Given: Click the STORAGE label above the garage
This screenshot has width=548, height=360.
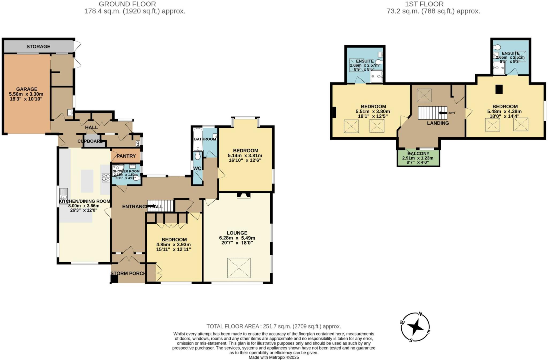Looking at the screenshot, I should point(38,47).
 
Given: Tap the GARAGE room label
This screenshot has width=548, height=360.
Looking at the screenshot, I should point(26,89).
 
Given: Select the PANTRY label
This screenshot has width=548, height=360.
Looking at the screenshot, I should point(126,156).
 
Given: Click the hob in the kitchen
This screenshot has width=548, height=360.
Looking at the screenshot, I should point(106,178).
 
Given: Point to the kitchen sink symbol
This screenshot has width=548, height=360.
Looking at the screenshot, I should point(64,196).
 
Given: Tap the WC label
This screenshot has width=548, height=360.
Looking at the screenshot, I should point(197,168).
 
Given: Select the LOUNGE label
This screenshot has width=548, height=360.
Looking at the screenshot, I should point(237,233).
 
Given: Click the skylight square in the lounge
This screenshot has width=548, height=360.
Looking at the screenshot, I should point(239,268).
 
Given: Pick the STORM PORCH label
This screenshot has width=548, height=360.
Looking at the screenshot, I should point(128,273).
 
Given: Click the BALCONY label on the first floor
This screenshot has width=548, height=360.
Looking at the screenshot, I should point(418,154).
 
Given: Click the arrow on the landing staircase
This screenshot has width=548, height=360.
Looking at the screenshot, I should point(443,113).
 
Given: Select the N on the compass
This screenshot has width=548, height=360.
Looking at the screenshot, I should point(420,314).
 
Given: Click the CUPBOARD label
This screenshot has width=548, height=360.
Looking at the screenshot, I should point(90,141).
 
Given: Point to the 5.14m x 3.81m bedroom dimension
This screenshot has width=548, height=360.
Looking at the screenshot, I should point(245,156).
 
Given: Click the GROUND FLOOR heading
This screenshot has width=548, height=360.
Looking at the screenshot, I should point(127,4).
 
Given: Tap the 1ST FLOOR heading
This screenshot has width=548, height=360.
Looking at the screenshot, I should point(424,4).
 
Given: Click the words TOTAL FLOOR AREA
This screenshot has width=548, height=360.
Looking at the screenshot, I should point(233,326).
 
